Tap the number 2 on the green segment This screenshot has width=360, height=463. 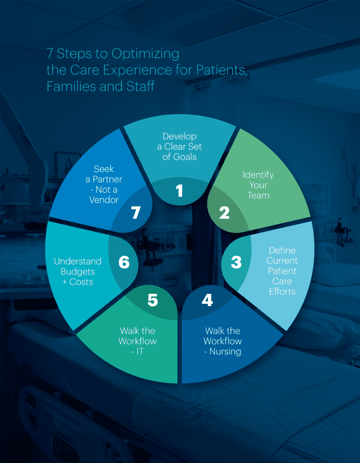click(x=224, y=213)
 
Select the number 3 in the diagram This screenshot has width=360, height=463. click(x=236, y=262)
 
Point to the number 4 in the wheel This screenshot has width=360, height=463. click(x=207, y=300)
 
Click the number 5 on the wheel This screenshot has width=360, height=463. click(x=153, y=300)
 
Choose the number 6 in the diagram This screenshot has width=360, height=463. click(x=124, y=262)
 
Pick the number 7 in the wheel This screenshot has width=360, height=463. click(x=136, y=213)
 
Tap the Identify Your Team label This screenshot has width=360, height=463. click(x=258, y=185)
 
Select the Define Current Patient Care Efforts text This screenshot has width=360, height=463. click(x=282, y=271)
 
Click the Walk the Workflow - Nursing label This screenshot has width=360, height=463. click(x=222, y=341)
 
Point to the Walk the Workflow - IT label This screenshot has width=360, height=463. click(x=137, y=341)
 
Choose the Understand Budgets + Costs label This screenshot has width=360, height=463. click(x=78, y=271)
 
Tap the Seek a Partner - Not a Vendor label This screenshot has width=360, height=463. click(x=103, y=185)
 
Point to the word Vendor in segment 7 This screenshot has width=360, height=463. click(x=103, y=200)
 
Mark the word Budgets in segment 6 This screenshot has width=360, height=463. click(x=78, y=271)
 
